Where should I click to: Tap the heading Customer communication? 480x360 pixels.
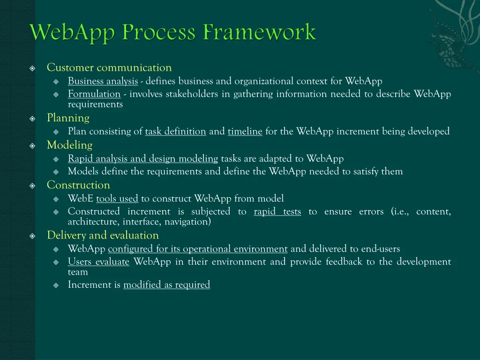[109, 68]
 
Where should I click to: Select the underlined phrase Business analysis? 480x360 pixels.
[103, 81]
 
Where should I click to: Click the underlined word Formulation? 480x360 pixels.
[94, 94]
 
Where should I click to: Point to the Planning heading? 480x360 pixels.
[68, 118]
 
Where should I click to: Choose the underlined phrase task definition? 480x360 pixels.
[175, 131]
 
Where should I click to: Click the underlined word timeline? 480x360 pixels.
[245, 131]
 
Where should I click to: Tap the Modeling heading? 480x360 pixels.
[69, 145]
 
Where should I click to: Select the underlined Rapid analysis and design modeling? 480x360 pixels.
[143, 158]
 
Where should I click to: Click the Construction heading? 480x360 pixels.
[78, 185]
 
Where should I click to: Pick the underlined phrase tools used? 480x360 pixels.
[117, 198]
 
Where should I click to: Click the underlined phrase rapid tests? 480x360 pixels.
[277, 211]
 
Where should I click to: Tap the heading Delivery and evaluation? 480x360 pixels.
[103, 235]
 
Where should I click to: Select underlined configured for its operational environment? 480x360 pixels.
[197, 248]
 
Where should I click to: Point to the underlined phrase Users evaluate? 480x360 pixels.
[98, 262]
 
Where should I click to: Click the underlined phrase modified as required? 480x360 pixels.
[166, 285]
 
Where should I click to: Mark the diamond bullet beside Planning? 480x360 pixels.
[32, 118]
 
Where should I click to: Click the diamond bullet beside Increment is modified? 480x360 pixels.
[56, 285]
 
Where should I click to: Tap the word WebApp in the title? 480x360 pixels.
[74, 33]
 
